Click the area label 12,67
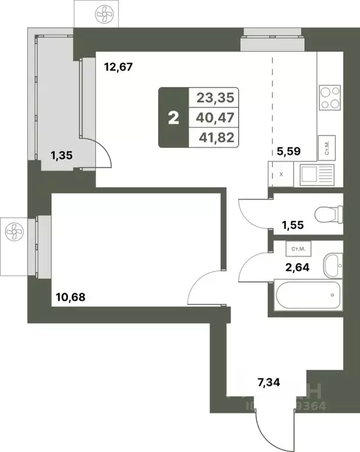(x=119, y=67)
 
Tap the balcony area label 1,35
(x=62, y=156)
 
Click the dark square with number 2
(x=173, y=118)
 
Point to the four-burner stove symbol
(x=330, y=98)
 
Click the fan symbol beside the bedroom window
(x=14, y=234)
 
